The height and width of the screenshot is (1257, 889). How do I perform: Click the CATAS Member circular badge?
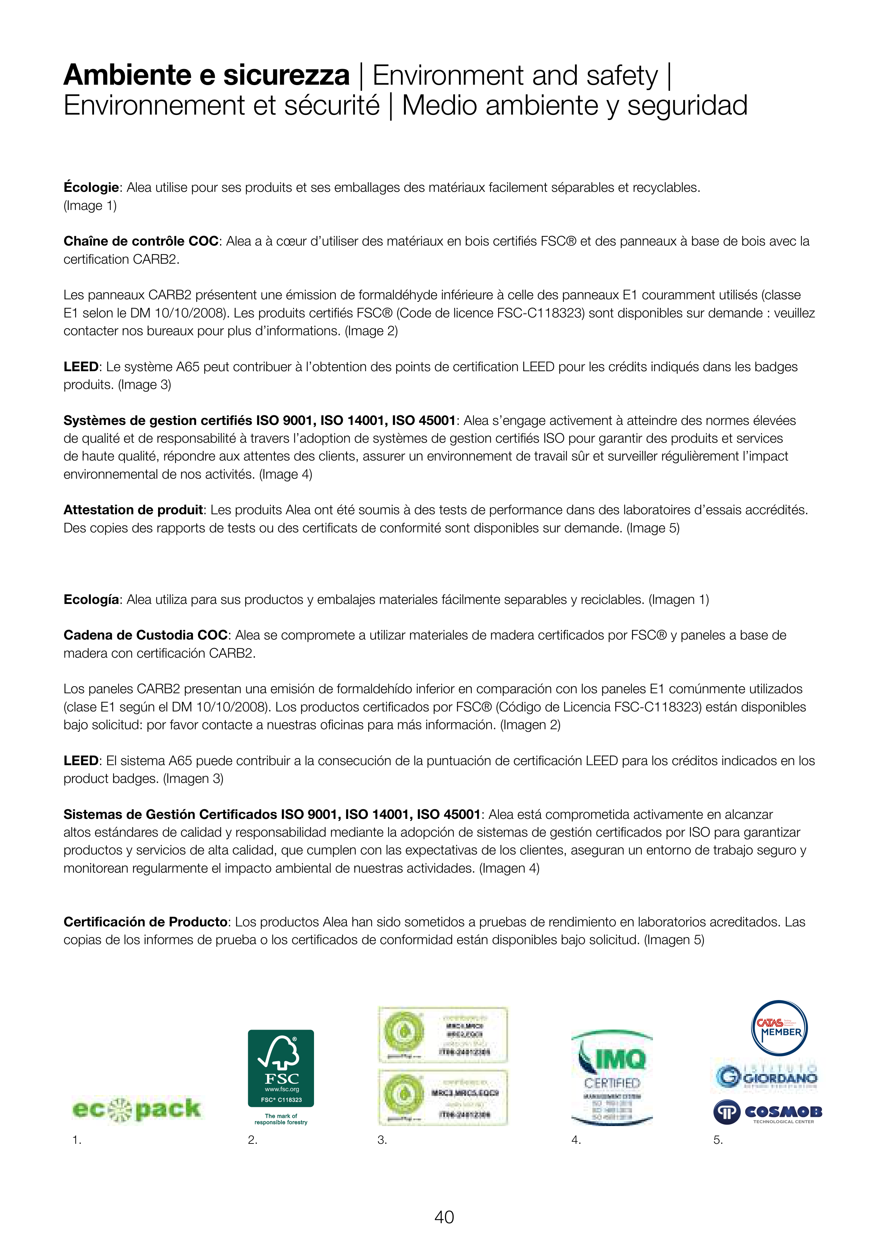click(x=779, y=1028)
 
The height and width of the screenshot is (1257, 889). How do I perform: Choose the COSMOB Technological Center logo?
click(x=767, y=1113)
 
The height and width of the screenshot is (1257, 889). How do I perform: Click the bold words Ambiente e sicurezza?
click(x=206, y=75)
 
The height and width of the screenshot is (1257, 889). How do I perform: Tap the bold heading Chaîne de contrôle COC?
click(x=141, y=241)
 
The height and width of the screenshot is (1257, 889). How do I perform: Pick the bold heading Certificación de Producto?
click(x=145, y=922)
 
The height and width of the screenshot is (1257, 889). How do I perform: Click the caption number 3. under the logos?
click(x=382, y=1140)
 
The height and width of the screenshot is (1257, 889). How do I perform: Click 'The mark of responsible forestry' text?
click(x=281, y=1119)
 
